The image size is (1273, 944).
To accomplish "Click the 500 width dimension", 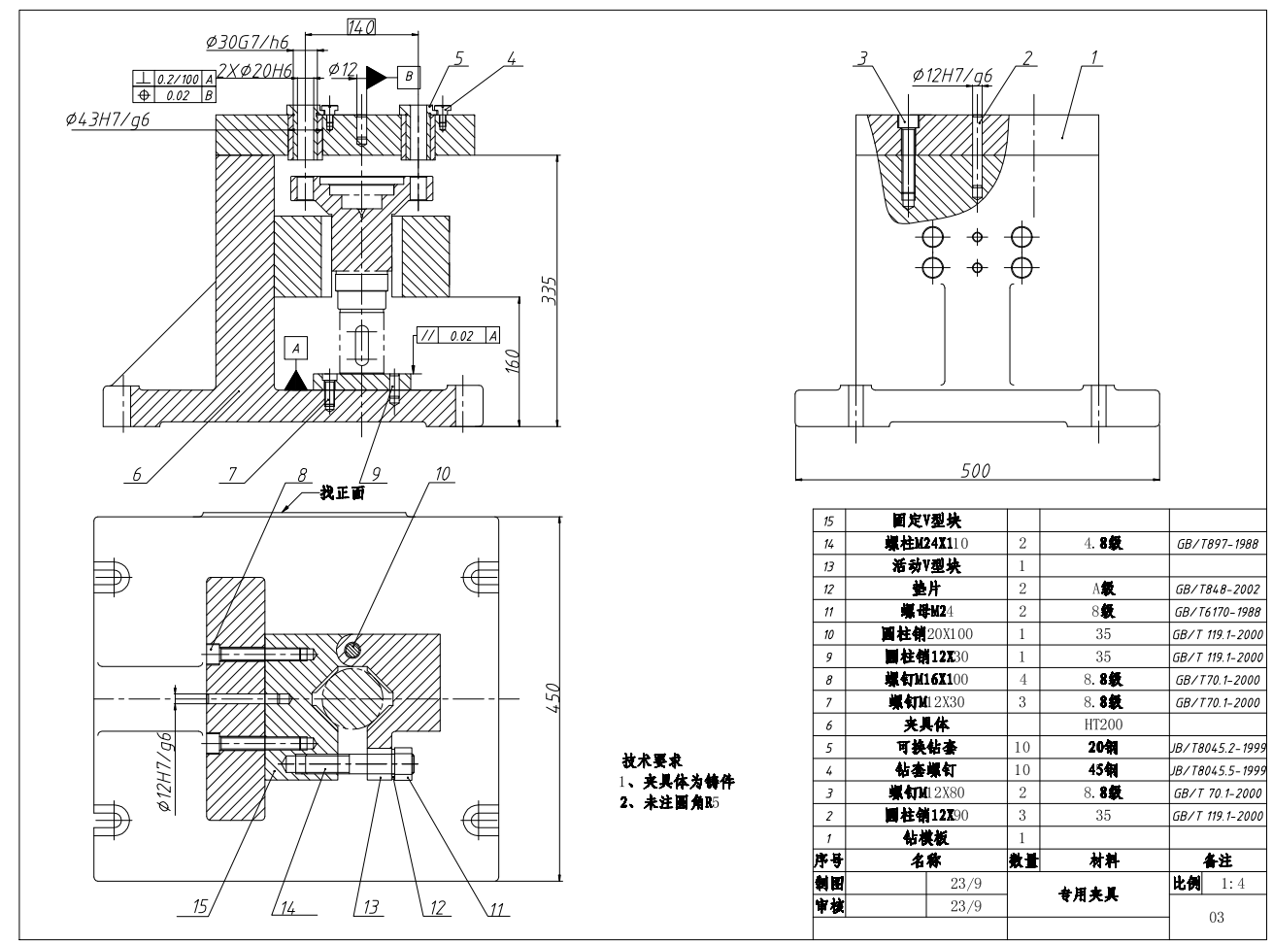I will pos(975,470).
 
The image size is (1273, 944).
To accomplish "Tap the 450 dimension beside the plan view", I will pos(551,695).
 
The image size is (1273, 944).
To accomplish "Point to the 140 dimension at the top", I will pos(360,28).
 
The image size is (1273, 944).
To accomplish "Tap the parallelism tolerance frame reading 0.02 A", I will pos(459,336).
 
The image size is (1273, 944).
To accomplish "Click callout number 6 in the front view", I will pos(137,475).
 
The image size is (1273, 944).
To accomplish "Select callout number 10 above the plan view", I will pos(443,474).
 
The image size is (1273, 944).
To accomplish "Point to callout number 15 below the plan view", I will pos(200,908).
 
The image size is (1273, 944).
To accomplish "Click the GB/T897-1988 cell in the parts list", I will pos(1217,546).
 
